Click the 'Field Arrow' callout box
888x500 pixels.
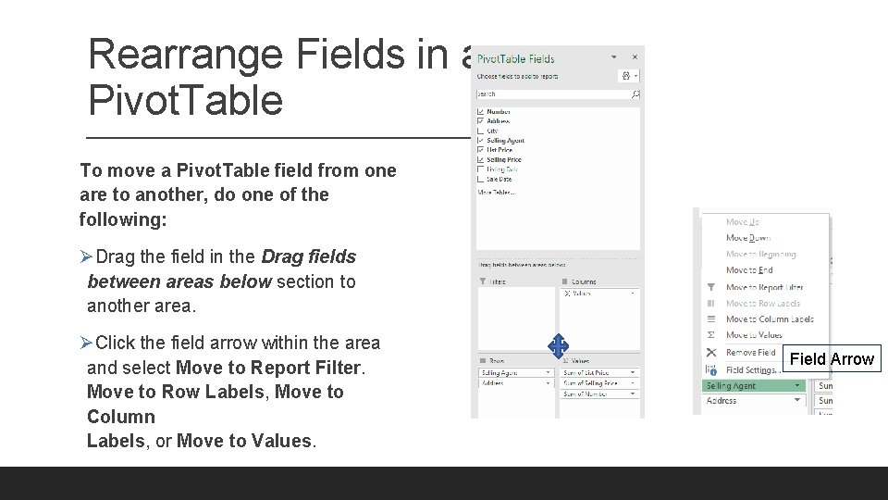(832, 359)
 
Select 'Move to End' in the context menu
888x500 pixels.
(749, 270)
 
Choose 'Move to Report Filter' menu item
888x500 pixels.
(764, 287)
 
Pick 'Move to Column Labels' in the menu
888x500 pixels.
(770, 319)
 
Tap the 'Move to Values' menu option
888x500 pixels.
(754, 335)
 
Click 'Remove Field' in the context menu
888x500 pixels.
(750, 353)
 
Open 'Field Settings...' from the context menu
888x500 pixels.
(751, 369)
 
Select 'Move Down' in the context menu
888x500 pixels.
(748, 238)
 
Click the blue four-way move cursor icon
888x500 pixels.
(558, 346)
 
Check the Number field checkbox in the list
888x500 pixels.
(480, 112)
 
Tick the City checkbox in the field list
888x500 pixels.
(480, 131)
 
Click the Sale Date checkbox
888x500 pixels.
(480, 179)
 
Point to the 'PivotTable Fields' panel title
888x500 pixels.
(516, 59)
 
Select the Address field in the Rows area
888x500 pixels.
(513, 383)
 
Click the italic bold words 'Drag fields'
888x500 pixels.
(309, 256)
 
